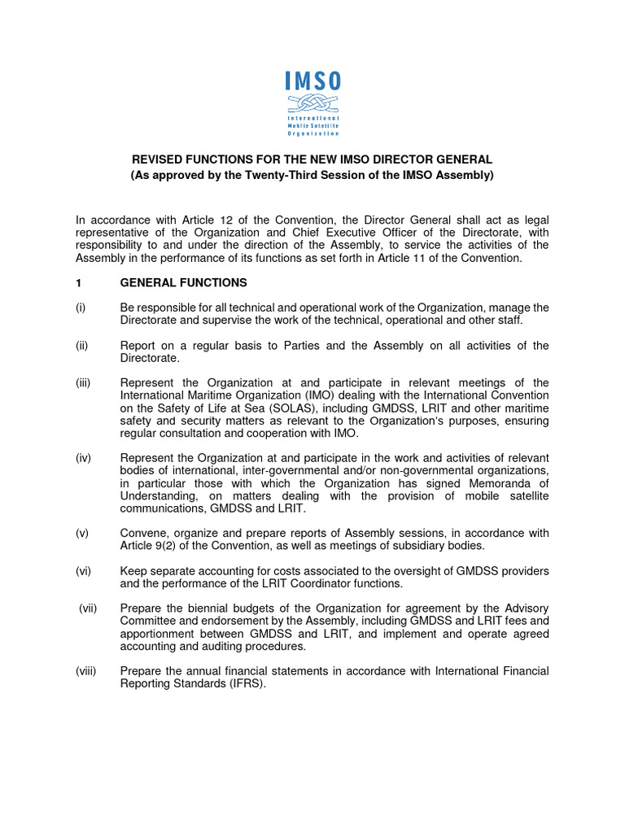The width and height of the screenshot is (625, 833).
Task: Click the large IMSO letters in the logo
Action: pos(312,81)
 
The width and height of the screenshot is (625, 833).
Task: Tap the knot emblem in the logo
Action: pos(312,104)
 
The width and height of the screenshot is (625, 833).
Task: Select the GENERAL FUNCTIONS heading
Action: pos(183,283)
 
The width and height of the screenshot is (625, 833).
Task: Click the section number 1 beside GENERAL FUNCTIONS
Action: pos(78,283)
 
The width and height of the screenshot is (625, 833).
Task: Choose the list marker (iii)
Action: pos(83,383)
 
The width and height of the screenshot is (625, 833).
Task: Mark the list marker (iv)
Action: pos(83,459)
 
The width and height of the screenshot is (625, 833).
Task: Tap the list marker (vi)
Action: pos(83,572)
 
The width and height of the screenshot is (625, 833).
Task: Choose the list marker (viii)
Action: pos(85,672)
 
